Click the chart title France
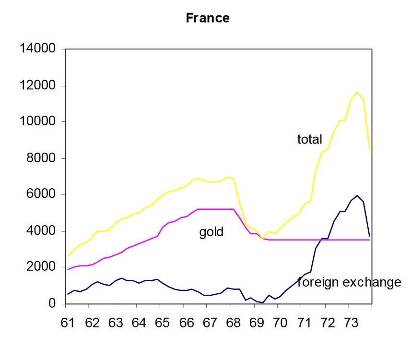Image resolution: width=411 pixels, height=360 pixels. [x=208, y=18]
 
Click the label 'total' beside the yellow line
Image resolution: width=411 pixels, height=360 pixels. [x=310, y=140]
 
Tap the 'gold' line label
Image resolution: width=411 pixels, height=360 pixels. [x=211, y=232]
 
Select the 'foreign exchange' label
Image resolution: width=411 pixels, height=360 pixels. [x=349, y=282]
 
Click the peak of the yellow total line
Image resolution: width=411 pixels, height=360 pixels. [x=357, y=92]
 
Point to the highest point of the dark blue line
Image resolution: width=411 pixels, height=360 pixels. [x=357, y=196]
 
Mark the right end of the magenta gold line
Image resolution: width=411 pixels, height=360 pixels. [x=369, y=240]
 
